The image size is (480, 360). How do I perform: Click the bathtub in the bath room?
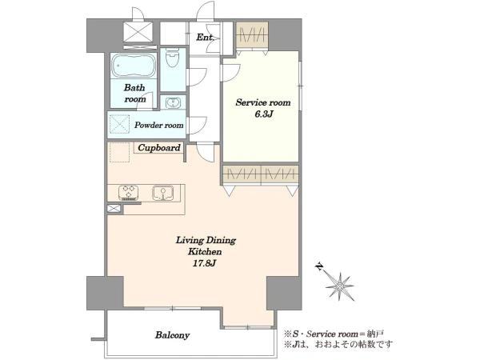pyautogui.click(x=134, y=66)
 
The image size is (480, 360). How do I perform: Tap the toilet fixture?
pyautogui.click(x=172, y=58)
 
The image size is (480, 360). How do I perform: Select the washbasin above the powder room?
pyautogui.click(x=173, y=102)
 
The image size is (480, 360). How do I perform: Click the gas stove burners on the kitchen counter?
pyautogui.click(x=128, y=193)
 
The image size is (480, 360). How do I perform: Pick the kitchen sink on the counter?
pyautogui.click(x=163, y=193)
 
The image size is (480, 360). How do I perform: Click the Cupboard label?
pyautogui.click(x=159, y=147)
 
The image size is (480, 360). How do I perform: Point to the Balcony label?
pyautogui.click(x=172, y=335)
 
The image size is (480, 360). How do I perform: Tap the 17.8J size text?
pyautogui.click(x=205, y=263)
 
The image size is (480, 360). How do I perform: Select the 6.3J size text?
pyautogui.click(x=263, y=114)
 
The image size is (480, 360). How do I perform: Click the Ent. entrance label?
pyautogui.click(x=205, y=38)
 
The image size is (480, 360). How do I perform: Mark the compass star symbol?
pyautogui.click(x=340, y=286)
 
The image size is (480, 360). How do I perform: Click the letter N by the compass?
pyautogui.click(x=319, y=267)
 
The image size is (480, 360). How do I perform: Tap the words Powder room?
pyautogui.click(x=159, y=126)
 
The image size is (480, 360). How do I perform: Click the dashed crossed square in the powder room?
pyautogui.click(x=120, y=124)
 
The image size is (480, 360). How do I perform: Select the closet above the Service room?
pyautogui.click(x=252, y=35)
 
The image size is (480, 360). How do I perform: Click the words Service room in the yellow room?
pyautogui.click(x=263, y=102)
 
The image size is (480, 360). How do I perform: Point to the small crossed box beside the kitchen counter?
pyautogui.click(x=114, y=209)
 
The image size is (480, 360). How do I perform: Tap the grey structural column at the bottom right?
pyautogui.click(x=284, y=293)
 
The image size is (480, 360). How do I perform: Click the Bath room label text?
pyautogui.click(x=134, y=94)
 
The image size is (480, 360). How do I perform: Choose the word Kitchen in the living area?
pyautogui.click(x=205, y=252)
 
